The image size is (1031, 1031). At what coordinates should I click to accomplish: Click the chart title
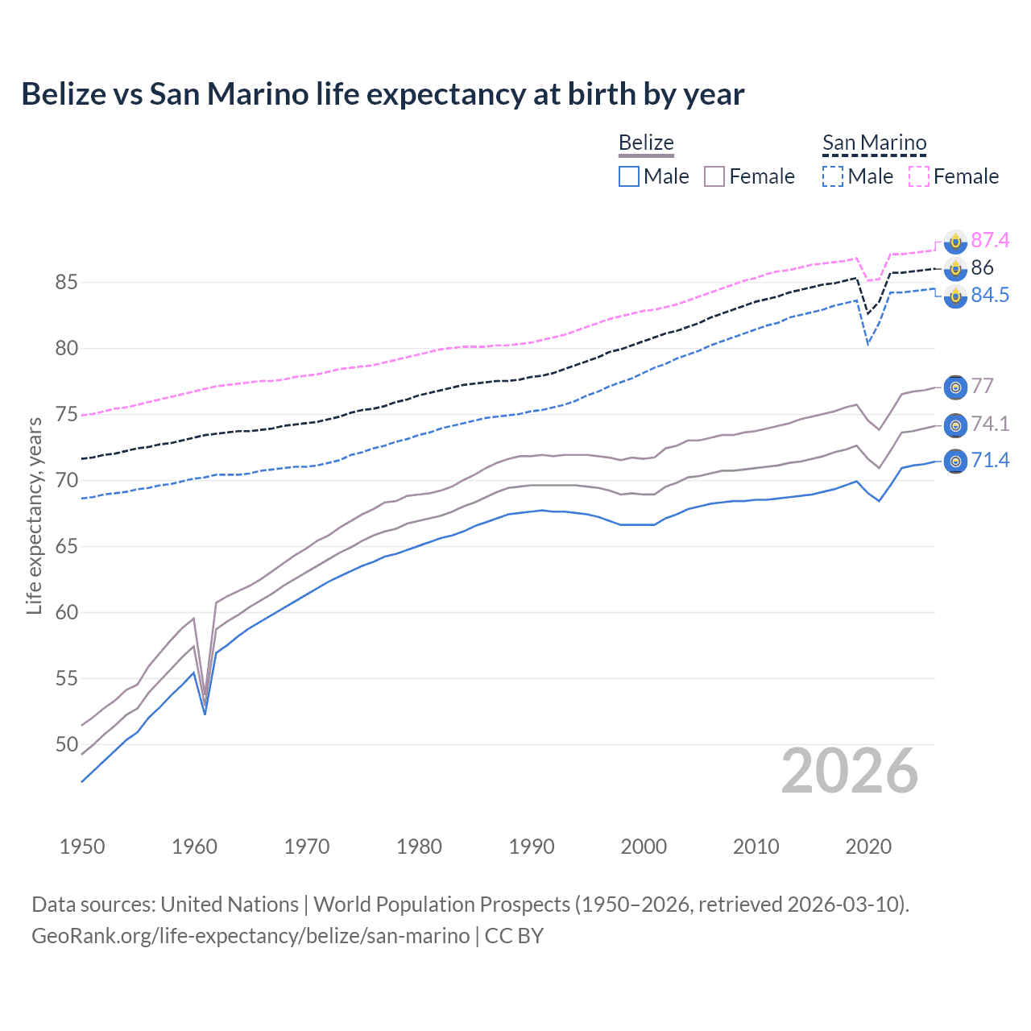pyautogui.click(x=383, y=94)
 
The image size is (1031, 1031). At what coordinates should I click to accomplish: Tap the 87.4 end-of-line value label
pyautogui.click(x=990, y=240)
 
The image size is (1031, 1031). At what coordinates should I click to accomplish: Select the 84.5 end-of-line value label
pyautogui.click(x=990, y=295)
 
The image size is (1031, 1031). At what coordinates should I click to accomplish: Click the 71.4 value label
pyautogui.click(x=990, y=460)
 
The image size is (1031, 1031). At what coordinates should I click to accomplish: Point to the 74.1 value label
pyautogui.click(x=990, y=424)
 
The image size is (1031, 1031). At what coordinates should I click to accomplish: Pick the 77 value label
pyautogui.click(x=982, y=386)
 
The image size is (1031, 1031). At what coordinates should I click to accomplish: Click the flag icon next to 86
pyautogui.click(x=955, y=268)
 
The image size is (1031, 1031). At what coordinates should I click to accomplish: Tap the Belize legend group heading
pyautogui.click(x=646, y=143)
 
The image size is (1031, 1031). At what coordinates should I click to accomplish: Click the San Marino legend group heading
pyautogui.click(x=874, y=143)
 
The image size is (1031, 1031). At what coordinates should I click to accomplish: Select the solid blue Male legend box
pyautogui.click(x=629, y=176)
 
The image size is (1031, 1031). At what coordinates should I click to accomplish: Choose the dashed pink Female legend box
pyautogui.click(x=919, y=176)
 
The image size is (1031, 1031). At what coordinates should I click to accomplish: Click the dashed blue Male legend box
pyautogui.click(x=833, y=176)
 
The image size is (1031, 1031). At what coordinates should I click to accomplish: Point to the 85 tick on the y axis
pyautogui.click(x=66, y=283)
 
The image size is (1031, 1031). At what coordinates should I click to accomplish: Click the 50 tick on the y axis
pyautogui.click(x=66, y=744)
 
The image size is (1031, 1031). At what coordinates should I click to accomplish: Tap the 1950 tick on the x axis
pyautogui.click(x=82, y=847)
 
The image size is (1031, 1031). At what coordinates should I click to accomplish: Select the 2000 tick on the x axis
pyautogui.click(x=644, y=847)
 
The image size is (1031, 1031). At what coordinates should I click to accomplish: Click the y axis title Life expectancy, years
pyautogui.click(x=34, y=515)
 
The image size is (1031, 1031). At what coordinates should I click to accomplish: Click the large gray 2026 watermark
pyautogui.click(x=850, y=771)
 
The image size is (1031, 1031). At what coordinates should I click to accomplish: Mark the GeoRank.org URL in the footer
pyautogui.click(x=251, y=936)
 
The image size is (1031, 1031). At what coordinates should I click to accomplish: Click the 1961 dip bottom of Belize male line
pyautogui.click(x=205, y=714)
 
